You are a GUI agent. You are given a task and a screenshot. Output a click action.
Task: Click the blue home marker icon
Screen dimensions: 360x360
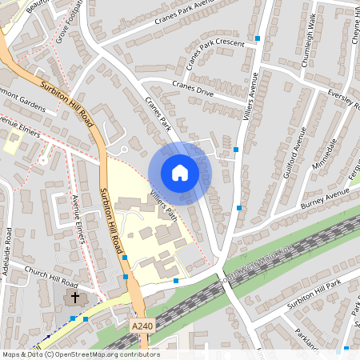pyautogui.click(x=180, y=173)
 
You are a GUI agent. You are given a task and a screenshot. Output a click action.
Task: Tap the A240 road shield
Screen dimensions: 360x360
pyautogui.click(x=140, y=326)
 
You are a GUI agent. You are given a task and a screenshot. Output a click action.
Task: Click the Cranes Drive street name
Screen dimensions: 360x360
pyautogui.click(x=193, y=87)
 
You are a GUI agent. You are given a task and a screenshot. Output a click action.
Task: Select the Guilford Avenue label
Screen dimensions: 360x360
pyautogui.click(x=294, y=148)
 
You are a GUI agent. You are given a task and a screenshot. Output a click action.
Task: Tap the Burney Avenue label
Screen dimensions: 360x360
pyautogui.click(x=325, y=197)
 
